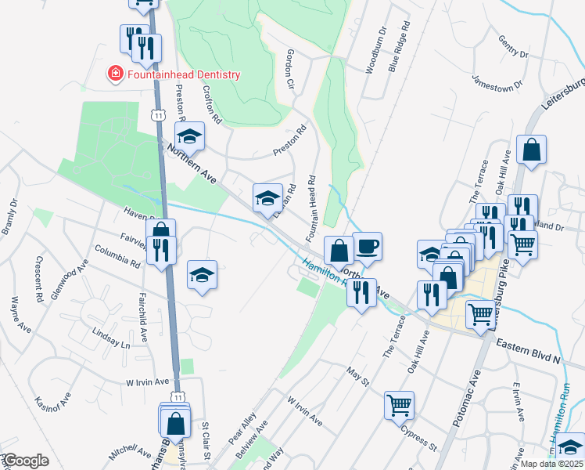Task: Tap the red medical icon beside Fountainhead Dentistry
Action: coord(115,74)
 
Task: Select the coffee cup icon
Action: coord(367,246)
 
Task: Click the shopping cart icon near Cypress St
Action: coord(398,404)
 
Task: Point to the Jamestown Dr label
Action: coord(497,83)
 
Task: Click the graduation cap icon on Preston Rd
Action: coord(188,136)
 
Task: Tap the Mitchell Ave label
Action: coord(130,452)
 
